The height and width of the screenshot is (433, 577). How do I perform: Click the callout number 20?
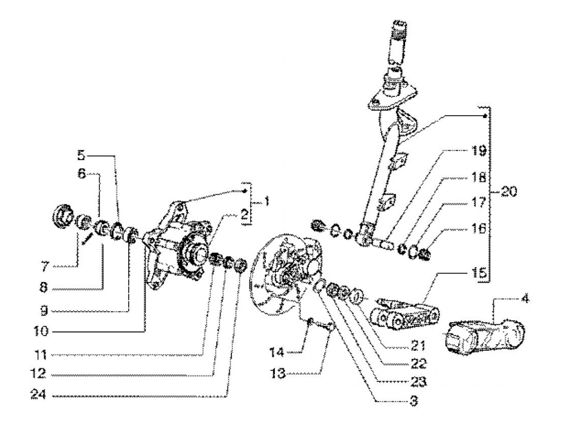tap(508, 191)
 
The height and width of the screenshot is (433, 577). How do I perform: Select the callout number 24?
tap(38, 394)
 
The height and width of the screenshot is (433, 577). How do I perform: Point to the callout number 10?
tap(41, 331)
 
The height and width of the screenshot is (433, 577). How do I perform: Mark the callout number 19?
tap(479, 152)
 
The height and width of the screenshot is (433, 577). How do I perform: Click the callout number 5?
tap(81, 155)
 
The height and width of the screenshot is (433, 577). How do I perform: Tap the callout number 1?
tap(266, 202)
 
